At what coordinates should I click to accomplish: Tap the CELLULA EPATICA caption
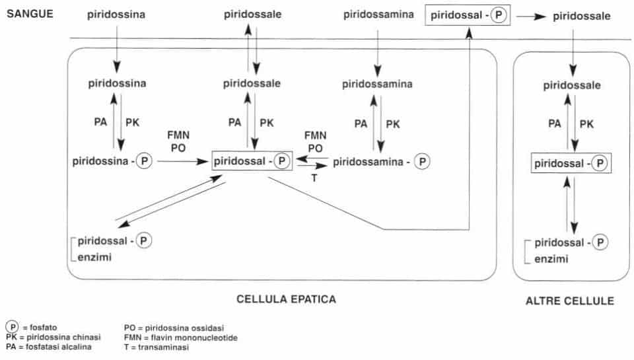pyautogui.click(x=286, y=299)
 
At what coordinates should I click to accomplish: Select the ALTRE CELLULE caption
pyautogui.click(x=569, y=301)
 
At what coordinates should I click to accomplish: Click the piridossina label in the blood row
pyautogui.click(x=116, y=14)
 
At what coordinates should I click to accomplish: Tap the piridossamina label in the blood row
pyautogui.click(x=379, y=14)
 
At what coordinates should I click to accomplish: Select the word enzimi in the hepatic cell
pyautogui.click(x=92, y=256)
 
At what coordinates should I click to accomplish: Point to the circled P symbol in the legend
pyautogui.click(x=12, y=327)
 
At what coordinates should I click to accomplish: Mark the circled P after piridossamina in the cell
pyautogui.click(x=423, y=161)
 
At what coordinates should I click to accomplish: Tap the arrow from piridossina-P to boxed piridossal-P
pyautogui.click(x=182, y=161)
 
